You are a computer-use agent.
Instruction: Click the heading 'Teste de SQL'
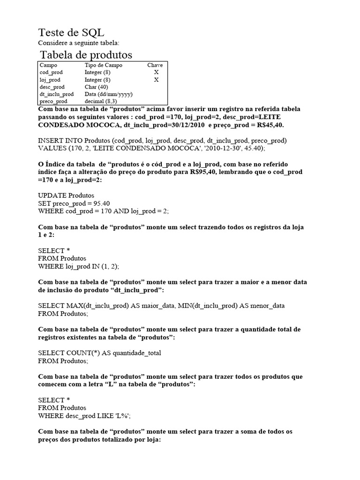pos(71,32)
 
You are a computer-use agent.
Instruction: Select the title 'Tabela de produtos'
pos(86,55)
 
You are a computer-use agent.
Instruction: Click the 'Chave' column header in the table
pos(155,66)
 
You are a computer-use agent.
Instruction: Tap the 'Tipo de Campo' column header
pos(103,66)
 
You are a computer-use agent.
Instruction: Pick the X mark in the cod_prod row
pos(156,73)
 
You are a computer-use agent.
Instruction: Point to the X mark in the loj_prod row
pos(156,80)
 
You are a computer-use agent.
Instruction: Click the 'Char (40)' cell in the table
pos(96,87)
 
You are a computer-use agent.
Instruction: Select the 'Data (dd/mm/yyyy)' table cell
pos(108,94)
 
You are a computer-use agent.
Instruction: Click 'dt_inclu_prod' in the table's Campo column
pos(57,94)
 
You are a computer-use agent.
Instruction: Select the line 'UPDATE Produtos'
pos(66,195)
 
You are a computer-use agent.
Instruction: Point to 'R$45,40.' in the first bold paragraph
pos(267,126)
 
